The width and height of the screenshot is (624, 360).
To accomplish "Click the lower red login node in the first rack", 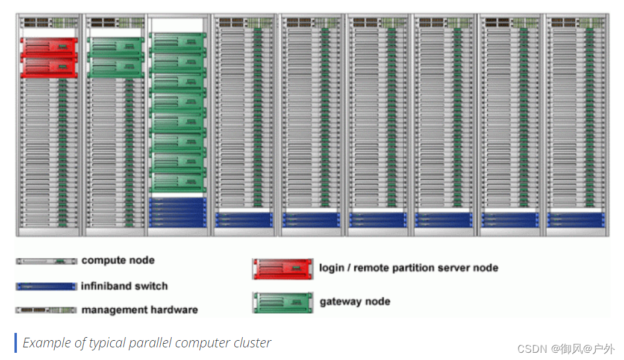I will coord(49,66).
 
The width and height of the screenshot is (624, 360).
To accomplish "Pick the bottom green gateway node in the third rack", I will coord(178,182).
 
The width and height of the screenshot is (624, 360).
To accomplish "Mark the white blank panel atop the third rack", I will coord(178,25).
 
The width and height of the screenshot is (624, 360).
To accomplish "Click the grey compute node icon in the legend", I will coord(46,261).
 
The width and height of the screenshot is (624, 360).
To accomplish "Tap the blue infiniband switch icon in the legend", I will coord(46,287).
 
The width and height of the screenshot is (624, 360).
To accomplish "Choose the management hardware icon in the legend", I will coord(46,310).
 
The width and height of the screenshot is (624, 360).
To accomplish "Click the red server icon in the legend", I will coord(282,269).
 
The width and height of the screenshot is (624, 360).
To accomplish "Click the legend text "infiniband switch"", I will coord(125,287).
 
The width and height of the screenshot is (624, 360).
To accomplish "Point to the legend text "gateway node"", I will coord(355,302).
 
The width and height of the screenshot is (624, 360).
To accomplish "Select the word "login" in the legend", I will coord(331,268).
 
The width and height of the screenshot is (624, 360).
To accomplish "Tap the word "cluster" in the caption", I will coord(254,343).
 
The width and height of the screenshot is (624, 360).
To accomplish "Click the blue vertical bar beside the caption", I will coord(16,343).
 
